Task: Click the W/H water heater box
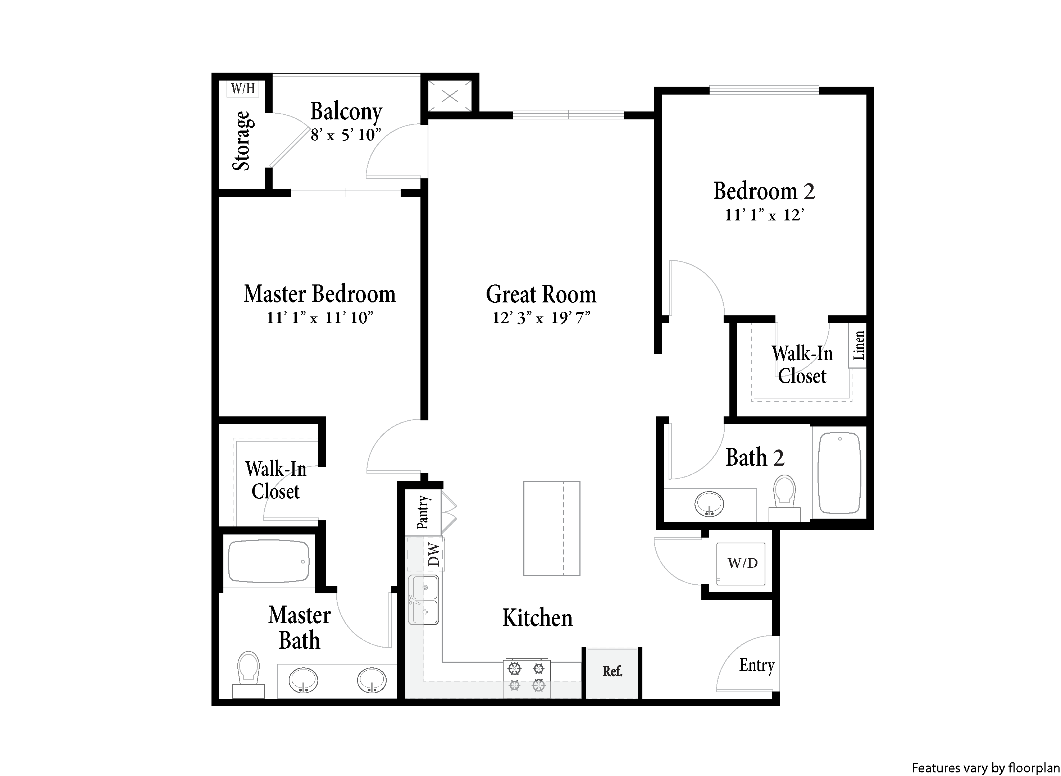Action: click(243, 88)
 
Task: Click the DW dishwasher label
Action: click(434, 554)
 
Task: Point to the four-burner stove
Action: click(526, 678)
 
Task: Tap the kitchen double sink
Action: click(423, 599)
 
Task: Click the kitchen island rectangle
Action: click(552, 528)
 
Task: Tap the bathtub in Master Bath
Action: click(268, 562)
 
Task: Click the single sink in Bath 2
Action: click(709, 504)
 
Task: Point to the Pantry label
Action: click(423, 512)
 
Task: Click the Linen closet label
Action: click(859, 345)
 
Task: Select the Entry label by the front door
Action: click(756, 666)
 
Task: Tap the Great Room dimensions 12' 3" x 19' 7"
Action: click(541, 318)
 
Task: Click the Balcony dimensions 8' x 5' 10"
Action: click(345, 135)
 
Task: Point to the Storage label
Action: click(242, 141)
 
